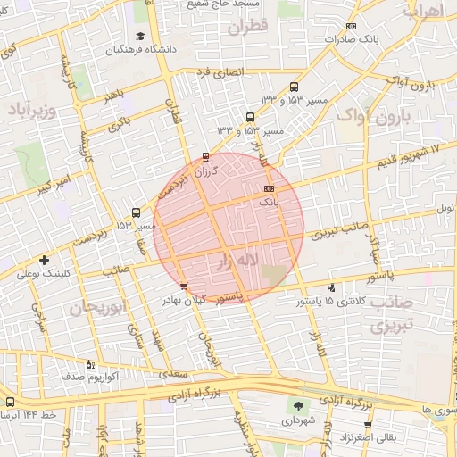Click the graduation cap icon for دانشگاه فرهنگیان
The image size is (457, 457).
tap(140, 37)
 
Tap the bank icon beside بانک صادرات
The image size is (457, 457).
tap(351, 27)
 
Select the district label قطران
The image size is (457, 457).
tap(246, 28)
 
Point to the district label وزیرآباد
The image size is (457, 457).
tap(33, 111)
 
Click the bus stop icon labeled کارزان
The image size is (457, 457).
tap(207, 156)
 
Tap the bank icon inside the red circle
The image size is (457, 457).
tap(270, 189)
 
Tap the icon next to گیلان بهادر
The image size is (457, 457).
tap(184, 287)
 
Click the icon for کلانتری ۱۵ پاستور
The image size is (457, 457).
tap(332, 287)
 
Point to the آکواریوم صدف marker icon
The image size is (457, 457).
tap(89, 364)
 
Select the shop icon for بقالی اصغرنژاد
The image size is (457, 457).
tap(367, 424)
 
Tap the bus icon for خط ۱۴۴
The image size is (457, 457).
tap(10, 403)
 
